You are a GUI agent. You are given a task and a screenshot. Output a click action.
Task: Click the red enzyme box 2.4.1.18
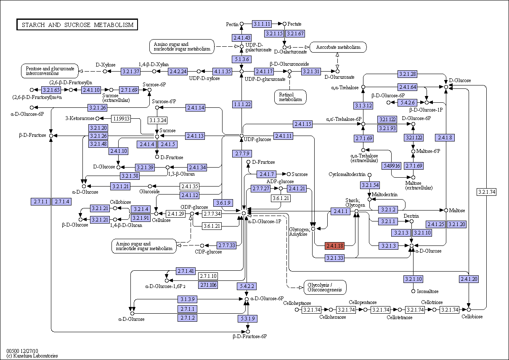(335, 246)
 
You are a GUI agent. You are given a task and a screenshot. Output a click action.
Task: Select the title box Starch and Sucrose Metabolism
(77, 24)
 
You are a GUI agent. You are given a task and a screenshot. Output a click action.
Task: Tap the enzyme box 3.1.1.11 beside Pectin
(262, 24)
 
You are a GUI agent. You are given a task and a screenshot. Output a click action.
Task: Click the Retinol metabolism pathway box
(290, 97)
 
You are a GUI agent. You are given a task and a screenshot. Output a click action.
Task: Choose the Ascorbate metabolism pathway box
(338, 47)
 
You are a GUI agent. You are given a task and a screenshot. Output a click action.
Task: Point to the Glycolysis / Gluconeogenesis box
(325, 288)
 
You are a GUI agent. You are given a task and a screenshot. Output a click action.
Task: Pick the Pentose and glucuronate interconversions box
(50, 71)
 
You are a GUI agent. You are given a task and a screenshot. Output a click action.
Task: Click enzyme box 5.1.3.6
(241, 59)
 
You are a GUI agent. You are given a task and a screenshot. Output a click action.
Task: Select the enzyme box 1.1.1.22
(242, 104)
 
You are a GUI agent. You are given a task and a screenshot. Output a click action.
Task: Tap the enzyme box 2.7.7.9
(242, 154)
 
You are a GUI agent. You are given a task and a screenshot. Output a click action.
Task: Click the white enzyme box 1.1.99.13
(121, 118)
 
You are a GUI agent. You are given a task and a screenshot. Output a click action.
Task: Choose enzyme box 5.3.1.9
(248, 319)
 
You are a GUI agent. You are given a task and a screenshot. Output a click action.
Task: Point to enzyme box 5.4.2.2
(247, 286)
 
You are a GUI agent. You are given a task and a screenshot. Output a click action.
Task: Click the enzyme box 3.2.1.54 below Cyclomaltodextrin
(370, 185)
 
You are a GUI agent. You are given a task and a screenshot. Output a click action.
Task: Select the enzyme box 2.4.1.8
(445, 138)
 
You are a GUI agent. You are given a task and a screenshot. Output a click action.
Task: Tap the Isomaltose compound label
(428, 291)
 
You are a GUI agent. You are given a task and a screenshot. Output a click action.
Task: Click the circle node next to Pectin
(242, 24)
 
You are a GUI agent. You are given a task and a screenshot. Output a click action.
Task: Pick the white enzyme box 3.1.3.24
(157, 120)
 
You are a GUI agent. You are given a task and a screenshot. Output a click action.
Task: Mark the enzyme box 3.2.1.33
(335, 258)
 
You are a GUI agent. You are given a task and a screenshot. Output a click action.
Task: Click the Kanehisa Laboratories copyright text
(32, 356)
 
